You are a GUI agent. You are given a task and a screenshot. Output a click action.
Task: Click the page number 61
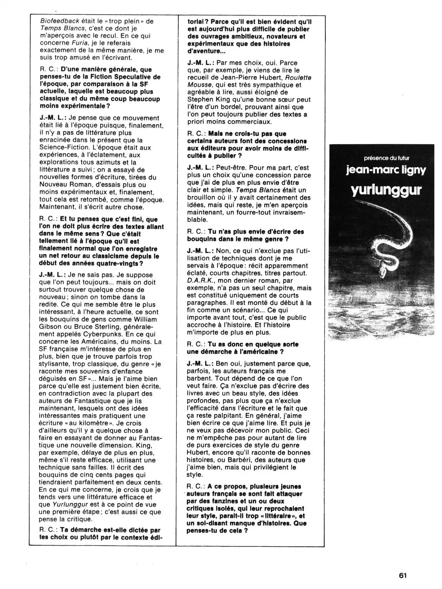click(403, 576)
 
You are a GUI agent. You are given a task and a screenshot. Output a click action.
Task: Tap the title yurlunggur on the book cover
click(386, 190)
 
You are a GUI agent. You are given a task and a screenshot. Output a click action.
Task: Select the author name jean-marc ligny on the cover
click(386, 170)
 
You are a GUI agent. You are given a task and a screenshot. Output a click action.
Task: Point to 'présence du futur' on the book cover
click(386, 158)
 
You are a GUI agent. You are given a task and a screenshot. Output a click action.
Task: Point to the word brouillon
click(202, 198)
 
